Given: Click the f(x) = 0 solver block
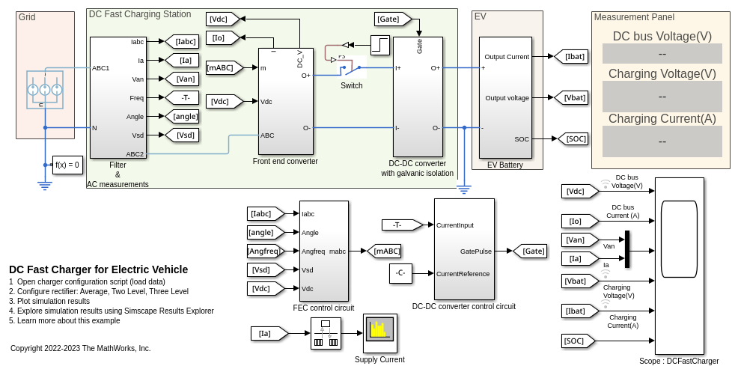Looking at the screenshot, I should click(x=67, y=165).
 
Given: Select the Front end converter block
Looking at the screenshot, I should click(x=285, y=101).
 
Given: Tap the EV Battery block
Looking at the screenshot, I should click(x=505, y=97).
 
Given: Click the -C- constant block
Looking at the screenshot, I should click(x=401, y=274).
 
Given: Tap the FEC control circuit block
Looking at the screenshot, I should click(x=323, y=251).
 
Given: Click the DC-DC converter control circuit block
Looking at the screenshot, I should click(x=464, y=249).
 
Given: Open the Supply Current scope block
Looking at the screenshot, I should click(x=379, y=333).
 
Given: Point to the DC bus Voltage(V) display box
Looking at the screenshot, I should click(x=662, y=54).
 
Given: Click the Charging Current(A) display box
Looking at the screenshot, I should click(x=662, y=141).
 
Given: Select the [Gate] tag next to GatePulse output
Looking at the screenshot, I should click(x=529, y=251).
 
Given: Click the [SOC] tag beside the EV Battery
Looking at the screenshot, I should click(x=571, y=138).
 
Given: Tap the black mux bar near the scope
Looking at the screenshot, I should click(x=627, y=249).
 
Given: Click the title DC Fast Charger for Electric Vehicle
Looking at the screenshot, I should click(x=98, y=269).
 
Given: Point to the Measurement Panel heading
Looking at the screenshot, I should click(x=633, y=17).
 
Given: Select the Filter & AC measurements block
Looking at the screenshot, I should click(x=118, y=97).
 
